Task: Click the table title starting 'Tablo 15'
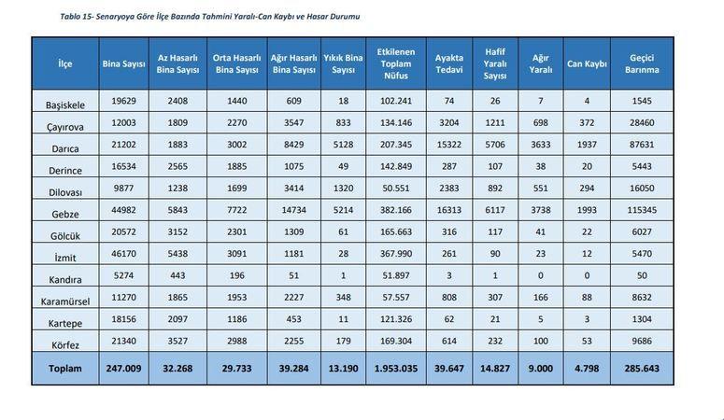point(209,17)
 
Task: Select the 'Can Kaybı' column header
point(587,63)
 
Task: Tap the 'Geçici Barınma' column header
point(642,63)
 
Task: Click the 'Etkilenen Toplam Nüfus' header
point(396,63)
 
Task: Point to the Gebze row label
point(65,214)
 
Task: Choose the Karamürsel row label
point(65,301)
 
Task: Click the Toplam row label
point(65,369)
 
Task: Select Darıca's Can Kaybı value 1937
point(587,145)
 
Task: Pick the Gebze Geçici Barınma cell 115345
point(642,210)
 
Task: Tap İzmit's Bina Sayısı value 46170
point(123,253)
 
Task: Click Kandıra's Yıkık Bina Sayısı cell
point(343,275)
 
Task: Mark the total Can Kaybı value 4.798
point(587,369)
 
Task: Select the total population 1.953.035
point(396,369)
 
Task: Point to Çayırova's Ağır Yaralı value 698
point(541,123)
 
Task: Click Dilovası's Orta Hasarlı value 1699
point(237,189)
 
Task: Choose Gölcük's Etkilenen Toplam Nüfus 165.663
point(396,231)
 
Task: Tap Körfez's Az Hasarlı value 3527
point(177,341)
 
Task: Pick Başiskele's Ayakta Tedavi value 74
point(449,101)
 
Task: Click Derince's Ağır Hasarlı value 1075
point(293,167)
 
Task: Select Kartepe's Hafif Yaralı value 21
point(495,319)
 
